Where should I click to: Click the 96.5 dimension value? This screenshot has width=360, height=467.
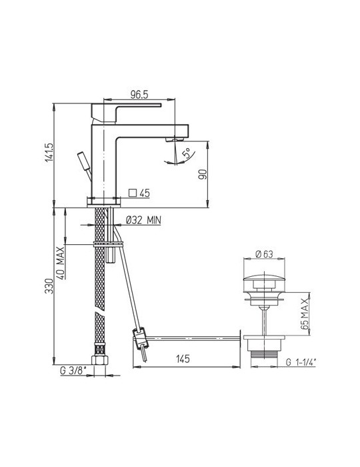coord(138,95)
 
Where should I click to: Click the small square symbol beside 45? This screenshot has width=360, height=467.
coord(132,193)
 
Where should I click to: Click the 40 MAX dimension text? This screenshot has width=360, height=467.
coord(60,264)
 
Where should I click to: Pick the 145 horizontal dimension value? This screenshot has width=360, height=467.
coord(184,359)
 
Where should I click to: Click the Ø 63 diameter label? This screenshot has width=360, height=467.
coord(265,254)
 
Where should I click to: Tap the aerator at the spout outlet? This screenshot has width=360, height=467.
coord(175,139)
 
